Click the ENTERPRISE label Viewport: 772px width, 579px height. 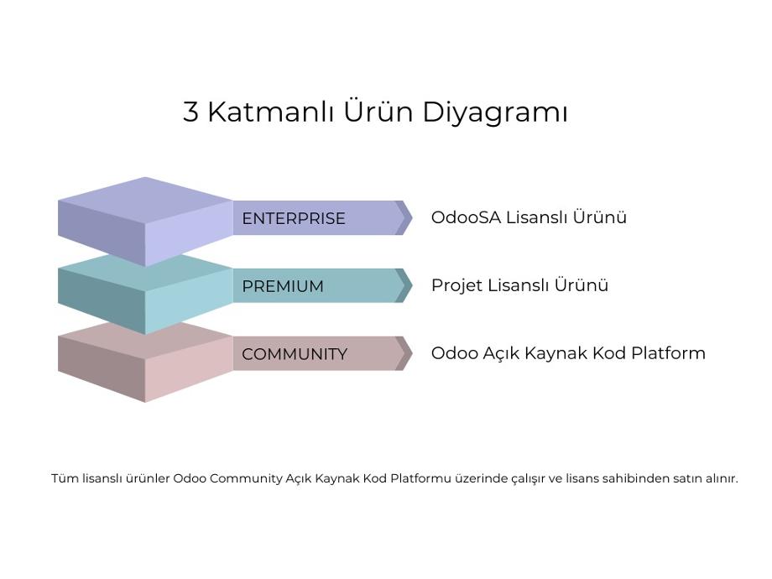tap(294, 218)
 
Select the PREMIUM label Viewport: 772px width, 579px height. tap(283, 286)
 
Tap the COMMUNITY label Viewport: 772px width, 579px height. tap(295, 354)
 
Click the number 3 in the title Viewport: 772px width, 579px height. tap(190, 112)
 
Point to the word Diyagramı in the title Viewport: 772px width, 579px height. tap(495, 112)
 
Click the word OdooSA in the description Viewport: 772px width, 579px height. tap(466, 217)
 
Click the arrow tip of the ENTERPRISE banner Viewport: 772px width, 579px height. tap(412, 217)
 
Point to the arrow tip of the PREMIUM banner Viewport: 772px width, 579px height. tap(412, 285)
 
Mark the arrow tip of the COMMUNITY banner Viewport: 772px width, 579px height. tap(412, 353)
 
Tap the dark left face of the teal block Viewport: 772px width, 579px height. tap(102, 300)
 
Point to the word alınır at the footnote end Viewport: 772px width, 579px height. tap(722, 478)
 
